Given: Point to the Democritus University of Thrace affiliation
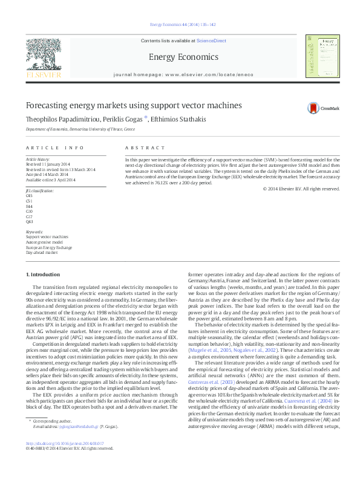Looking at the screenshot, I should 80,129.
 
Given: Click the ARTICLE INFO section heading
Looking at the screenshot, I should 55,148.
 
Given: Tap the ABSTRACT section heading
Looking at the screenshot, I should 145,148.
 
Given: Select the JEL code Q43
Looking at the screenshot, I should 30,222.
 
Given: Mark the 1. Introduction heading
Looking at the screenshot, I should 44,275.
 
